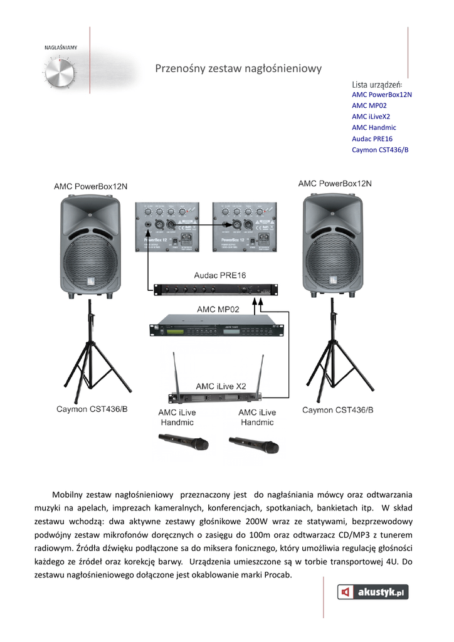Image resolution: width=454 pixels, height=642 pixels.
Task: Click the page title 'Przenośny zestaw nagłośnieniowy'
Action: coord(238,68)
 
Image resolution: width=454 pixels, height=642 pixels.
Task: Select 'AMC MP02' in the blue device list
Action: coord(369,105)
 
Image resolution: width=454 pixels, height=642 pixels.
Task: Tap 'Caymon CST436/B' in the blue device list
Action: coord(380,150)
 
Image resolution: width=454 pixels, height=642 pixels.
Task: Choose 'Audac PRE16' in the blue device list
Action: coord(372,139)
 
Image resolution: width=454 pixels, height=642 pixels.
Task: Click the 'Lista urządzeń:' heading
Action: coord(377,84)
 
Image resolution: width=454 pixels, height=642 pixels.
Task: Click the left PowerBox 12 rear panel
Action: coord(167,226)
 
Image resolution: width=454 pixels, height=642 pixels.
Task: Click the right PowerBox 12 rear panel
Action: coord(244,226)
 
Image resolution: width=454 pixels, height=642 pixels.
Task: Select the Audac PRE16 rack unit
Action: coord(216,289)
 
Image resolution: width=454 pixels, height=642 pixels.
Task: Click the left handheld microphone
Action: coord(184,444)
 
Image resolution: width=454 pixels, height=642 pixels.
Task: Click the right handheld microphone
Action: coord(253,445)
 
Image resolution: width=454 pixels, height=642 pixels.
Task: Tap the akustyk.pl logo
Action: coord(373,591)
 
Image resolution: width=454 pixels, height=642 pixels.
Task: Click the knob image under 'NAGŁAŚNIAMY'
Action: coord(60,73)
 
